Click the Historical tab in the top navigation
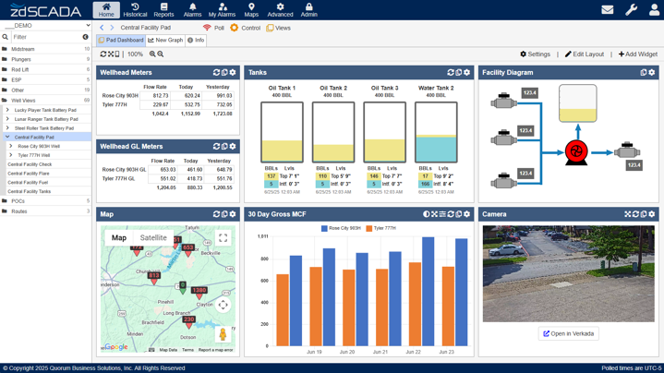click(x=135, y=10)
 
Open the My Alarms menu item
click(x=222, y=10)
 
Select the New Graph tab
click(x=166, y=41)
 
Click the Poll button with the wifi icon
click(x=213, y=28)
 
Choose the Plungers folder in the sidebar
click(x=20, y=59)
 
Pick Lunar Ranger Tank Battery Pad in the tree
click(x=46, y=119)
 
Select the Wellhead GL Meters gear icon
click(x=233, y=146)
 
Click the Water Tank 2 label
click(x=436, y=88)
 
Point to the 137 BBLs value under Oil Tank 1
click(x=271, y=176)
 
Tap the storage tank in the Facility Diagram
click(x=577, y=103)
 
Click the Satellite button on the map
click(x=153, y=238)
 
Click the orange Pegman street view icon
click(x=223, y=334)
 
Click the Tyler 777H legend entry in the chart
click(x=380, y=228)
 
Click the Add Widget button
click(x=638, y=54)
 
